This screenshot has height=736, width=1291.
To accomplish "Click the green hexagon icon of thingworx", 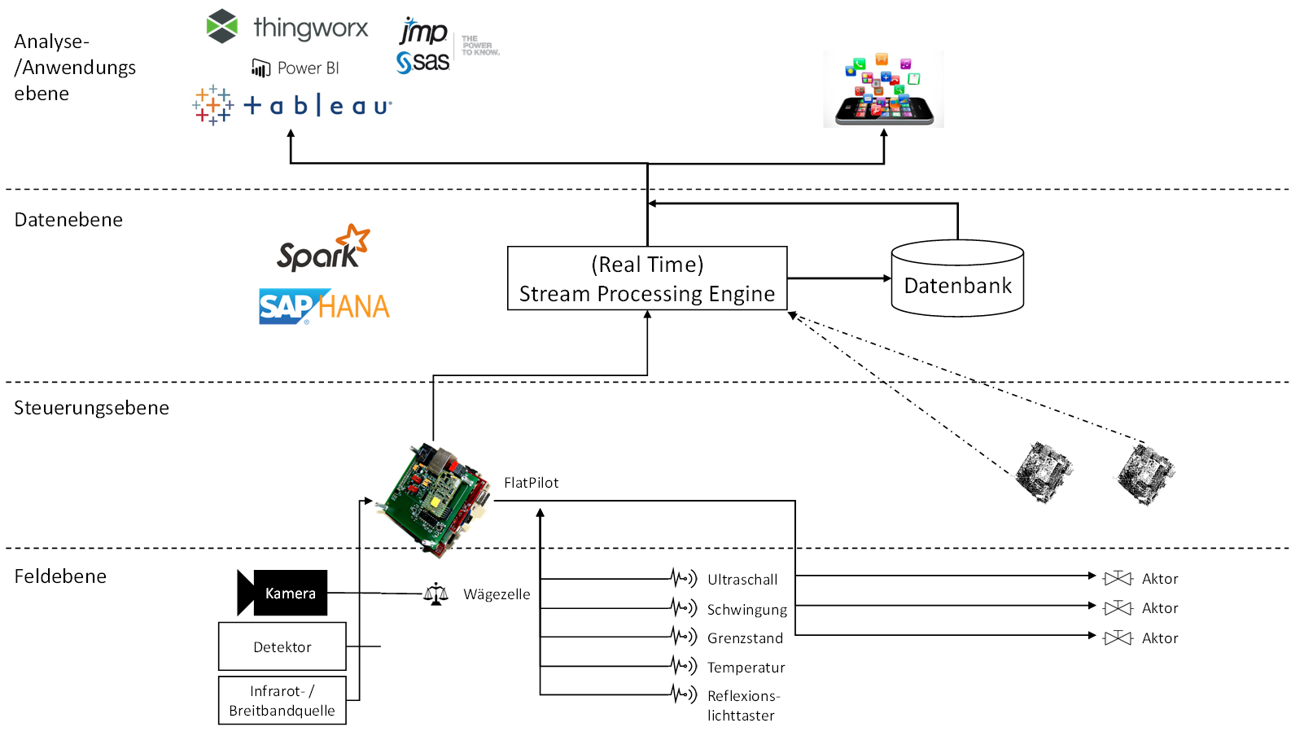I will click(x=221, y=26).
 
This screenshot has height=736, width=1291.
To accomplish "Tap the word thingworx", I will click(x=311, y=28).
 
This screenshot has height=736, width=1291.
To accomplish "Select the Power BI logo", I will click(x=295, y=68).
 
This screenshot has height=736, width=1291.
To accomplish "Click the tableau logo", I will click(x=291, y=105).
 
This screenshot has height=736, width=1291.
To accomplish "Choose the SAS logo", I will click(x=423, y=62).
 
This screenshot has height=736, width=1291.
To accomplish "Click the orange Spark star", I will click(x=354, y=238).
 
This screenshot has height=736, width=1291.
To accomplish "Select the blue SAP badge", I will click(x=286, y=306).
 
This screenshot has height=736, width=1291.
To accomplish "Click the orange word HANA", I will click(x=354, y=307).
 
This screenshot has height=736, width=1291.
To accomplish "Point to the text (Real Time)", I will click(x=647, y=265).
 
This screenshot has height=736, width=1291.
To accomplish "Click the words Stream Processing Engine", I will click(x=647, y=294).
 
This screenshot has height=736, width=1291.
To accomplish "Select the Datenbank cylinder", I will click(x=957, y=279).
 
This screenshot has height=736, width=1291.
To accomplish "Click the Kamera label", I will click(x=291, y=594).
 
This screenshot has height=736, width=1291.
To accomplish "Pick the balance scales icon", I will click(x=435, y=594).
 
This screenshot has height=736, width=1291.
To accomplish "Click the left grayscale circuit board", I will click(x=1042, y=473).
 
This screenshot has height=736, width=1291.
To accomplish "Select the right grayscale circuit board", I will click(x=1144, y=475).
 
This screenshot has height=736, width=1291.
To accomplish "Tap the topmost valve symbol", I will click(x=1118, y=576).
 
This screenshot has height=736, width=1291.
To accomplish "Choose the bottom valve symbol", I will click(x=1118, y=636).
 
